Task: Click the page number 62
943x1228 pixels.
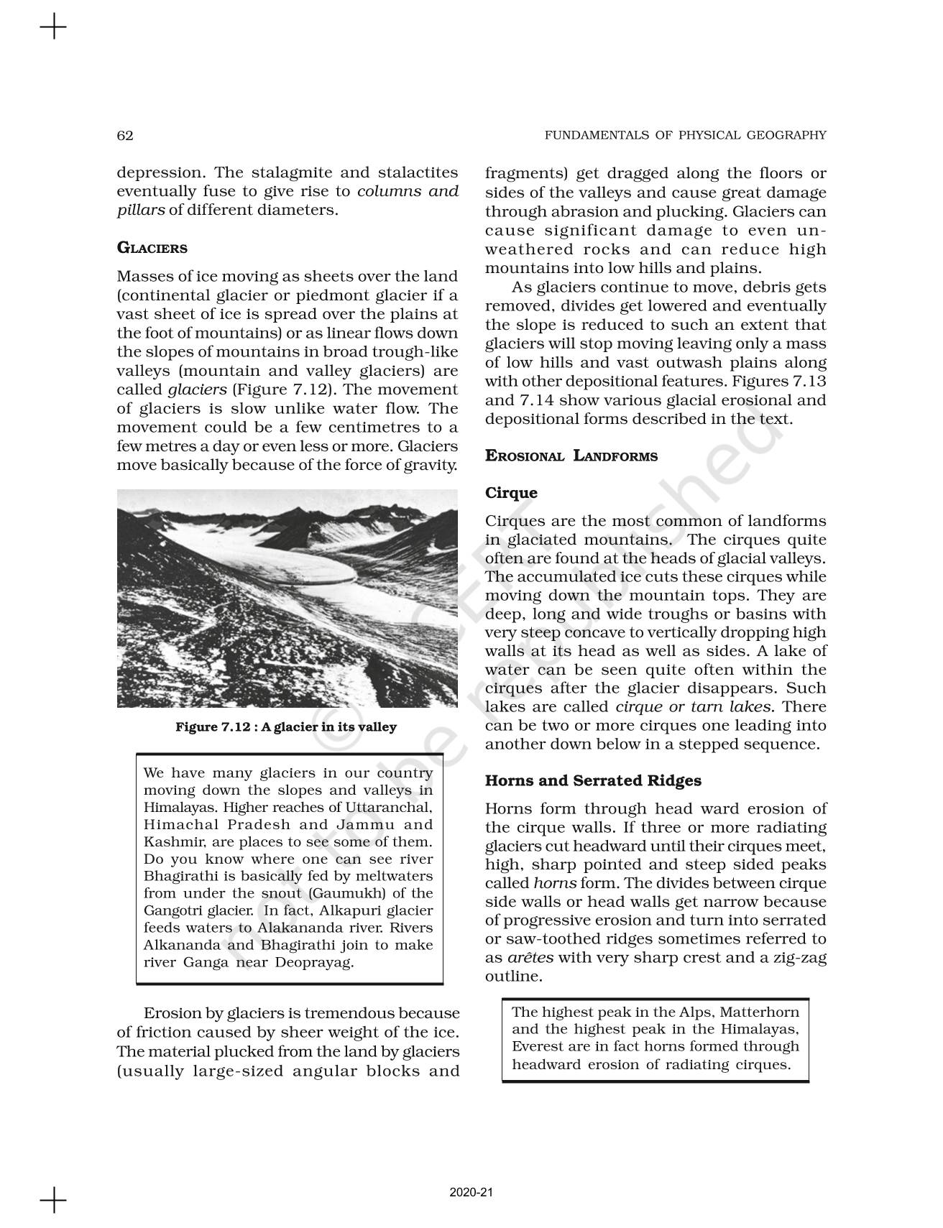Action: click(125, 135)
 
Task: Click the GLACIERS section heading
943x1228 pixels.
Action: click(152, 249)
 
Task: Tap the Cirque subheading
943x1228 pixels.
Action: click(511, 493)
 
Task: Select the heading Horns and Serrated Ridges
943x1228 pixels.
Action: click(593, 781)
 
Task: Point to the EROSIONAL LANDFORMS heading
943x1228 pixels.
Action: click(571, 456)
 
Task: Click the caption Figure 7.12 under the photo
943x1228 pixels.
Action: click(286, 727)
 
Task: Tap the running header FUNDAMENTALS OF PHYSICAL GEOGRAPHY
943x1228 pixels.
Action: click(685, 135)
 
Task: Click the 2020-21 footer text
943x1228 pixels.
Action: click(471, 1193)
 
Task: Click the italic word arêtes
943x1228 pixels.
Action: click(530, 958)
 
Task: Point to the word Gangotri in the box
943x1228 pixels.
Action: click(170, 911)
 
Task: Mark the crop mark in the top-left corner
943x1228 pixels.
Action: click(53, 28)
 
